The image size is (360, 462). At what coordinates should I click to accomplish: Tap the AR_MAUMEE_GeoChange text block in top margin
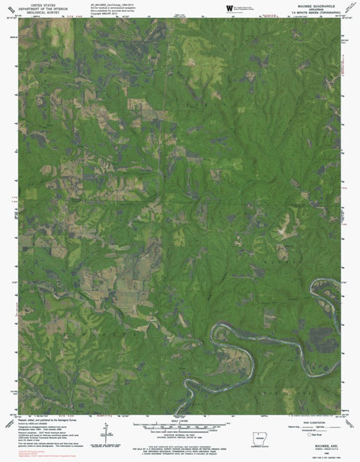coord(112,9)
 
